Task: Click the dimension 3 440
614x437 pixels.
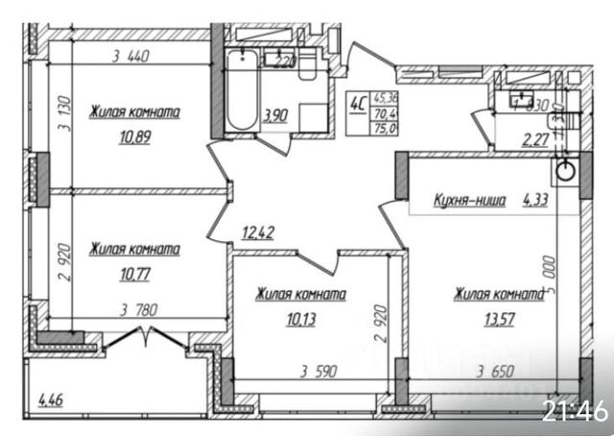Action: point(131,56)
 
